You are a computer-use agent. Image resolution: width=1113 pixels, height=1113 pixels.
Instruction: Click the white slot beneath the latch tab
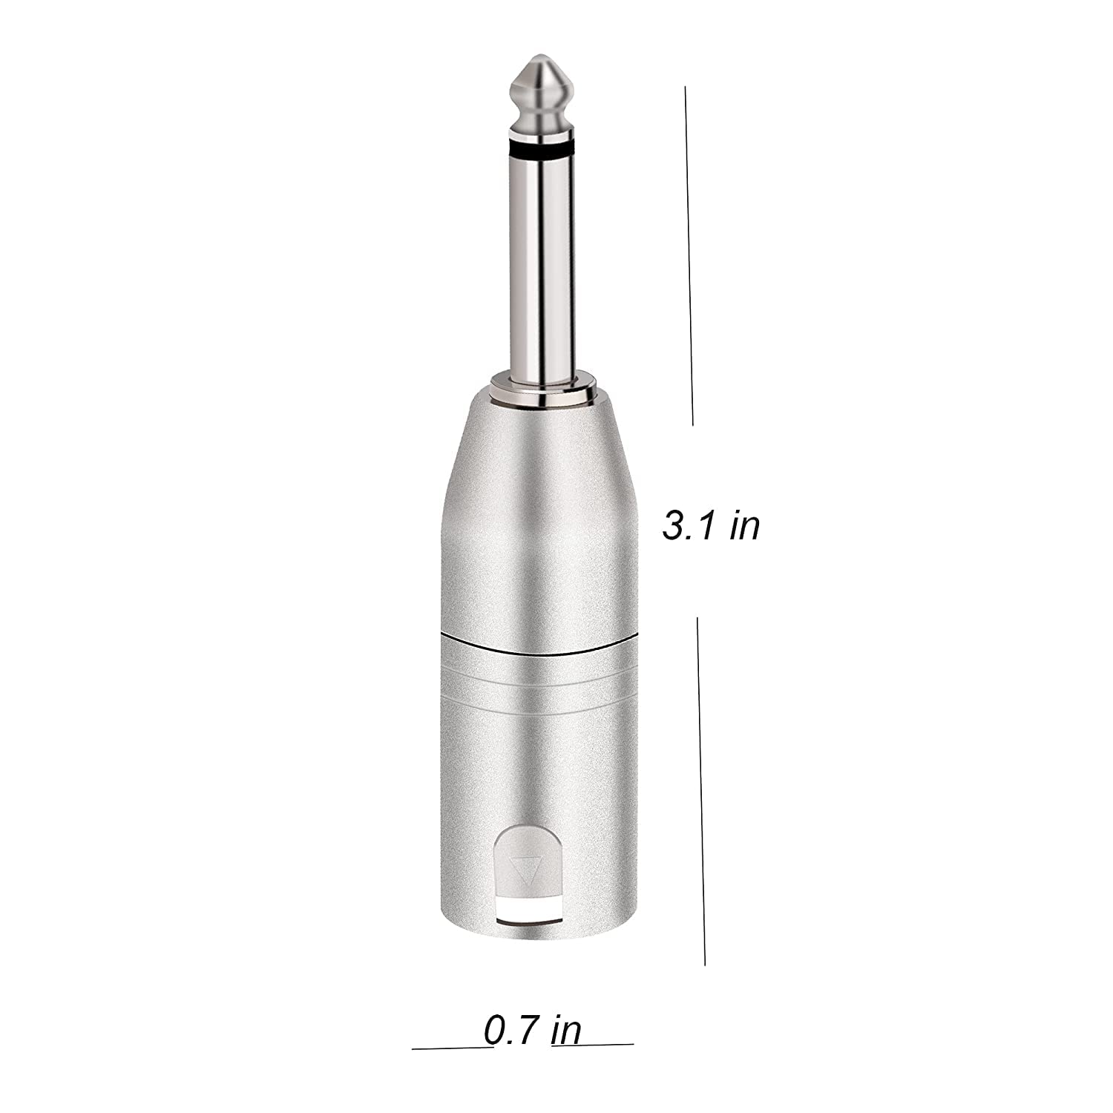(x=528, y=910)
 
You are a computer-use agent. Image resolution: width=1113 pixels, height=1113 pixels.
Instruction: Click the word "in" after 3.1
(x=745, y=526)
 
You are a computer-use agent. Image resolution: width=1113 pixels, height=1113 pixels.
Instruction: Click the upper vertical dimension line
(x=689, y=256)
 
